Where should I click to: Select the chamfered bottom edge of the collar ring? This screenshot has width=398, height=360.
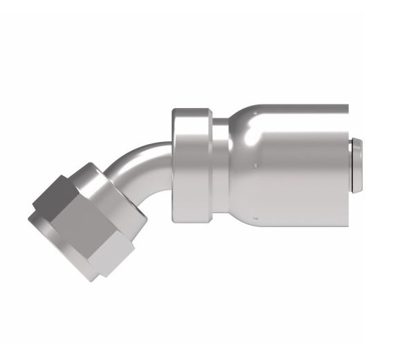[x=192, y=218]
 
